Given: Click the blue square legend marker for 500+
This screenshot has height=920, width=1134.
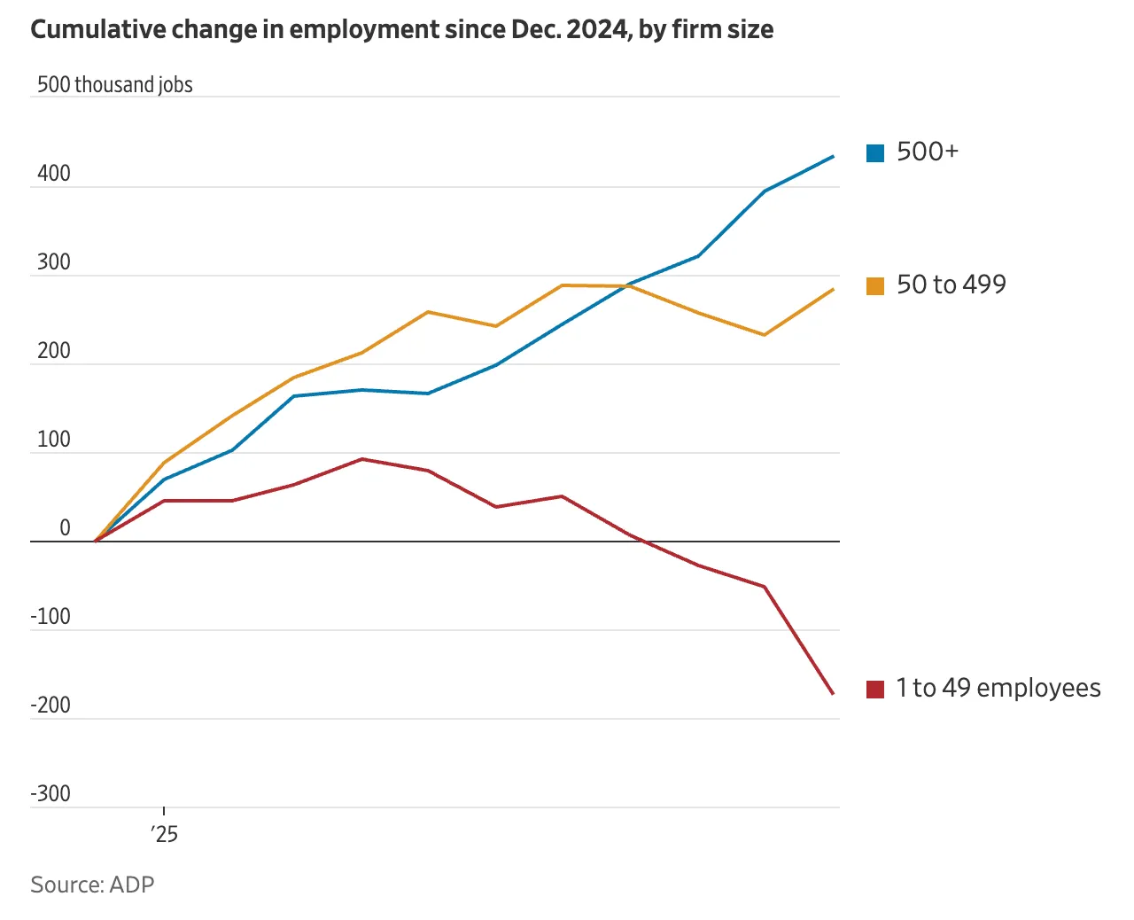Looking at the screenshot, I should [x=875, y=153].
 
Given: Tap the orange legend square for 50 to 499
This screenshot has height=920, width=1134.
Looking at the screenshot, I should [x=875, y=286].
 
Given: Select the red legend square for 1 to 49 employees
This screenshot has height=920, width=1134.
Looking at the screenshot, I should [x=875, y=690].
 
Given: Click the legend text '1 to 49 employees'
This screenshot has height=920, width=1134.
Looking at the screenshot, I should [x=998, y=688].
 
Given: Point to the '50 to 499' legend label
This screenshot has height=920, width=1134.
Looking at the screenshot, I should [x=951, y=285].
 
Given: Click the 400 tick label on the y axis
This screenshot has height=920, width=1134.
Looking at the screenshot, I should [x=54, y=174].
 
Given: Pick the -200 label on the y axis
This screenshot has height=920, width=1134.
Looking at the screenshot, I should [x=50, y=706].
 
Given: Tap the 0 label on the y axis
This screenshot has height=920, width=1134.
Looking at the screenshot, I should [x=65, y=528].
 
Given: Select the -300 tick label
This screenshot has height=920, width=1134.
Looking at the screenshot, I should [x=50, y=794].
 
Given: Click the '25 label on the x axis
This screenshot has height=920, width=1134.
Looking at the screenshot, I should [x=164, y=834].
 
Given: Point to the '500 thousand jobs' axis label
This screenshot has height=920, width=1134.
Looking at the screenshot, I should [x=115, y=85].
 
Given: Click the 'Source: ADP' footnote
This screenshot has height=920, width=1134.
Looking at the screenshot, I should [x=92, y=885].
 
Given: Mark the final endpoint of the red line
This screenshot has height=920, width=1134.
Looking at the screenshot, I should [x=833, y=693].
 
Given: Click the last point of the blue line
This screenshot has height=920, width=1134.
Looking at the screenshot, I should [x=833, y=157].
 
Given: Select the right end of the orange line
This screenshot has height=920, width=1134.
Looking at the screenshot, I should [x=833, y=290].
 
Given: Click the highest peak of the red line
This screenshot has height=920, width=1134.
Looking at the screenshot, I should [x=361, y=459].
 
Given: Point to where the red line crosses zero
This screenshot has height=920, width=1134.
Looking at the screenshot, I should [x=641, y=541].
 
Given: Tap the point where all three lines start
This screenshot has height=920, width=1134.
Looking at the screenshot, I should [x=95, y=541].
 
